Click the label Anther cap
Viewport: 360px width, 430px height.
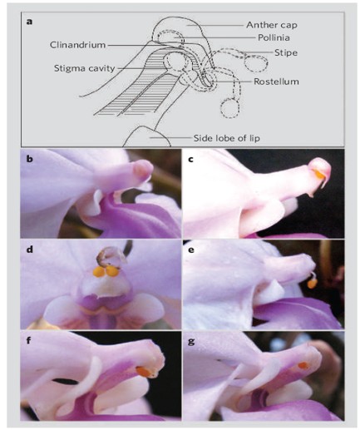[272, 25]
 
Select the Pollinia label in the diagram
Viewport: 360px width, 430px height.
[274, 37]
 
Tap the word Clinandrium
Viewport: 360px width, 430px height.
[78, 45]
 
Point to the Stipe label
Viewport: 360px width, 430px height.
[286, 52]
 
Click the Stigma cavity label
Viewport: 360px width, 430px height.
[84, 68]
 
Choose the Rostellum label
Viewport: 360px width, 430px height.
[276, 82]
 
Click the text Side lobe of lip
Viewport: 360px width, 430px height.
[227, 138]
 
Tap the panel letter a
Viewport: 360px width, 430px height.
[29, 22]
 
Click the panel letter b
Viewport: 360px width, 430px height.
[29, 159]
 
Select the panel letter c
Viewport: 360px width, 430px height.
[190, 160]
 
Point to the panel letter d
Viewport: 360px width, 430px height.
[29, 250]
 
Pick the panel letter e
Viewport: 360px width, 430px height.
[190, 250]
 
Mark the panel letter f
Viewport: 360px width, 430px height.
[29, 340]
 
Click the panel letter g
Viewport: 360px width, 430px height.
[191, 341]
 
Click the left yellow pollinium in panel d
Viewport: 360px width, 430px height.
[98, 272]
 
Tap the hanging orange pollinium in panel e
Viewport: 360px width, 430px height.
[313, 284]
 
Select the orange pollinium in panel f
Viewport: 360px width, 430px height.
[143, 372]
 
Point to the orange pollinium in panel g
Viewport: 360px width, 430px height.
[303, 366]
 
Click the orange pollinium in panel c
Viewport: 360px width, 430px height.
[319, 175]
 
